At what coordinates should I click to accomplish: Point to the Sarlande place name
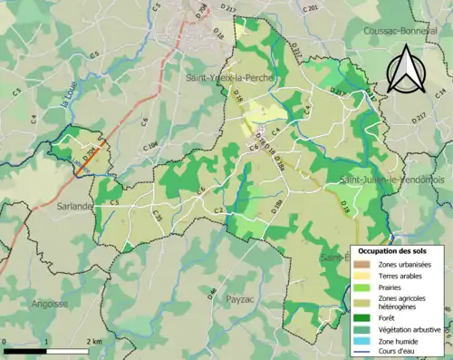click(x=74, y=206)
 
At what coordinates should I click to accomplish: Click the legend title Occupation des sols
click(x=394, y=251)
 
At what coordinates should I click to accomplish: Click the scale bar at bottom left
click(x=45, y=349)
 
